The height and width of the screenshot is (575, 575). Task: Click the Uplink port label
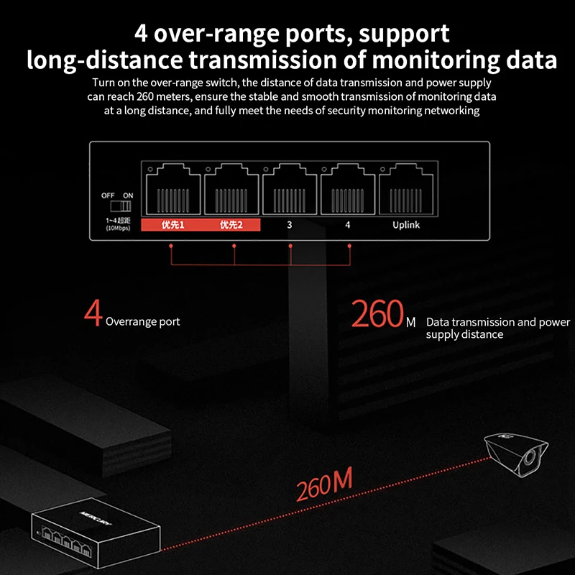pos(406,225)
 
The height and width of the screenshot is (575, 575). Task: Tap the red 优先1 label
pos(172,225)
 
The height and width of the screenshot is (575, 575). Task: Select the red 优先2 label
pos(231,225)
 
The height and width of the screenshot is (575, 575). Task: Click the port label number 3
pos(290,225)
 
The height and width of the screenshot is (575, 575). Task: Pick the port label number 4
pos(348,225)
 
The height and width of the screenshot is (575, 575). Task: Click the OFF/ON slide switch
pos(121,206)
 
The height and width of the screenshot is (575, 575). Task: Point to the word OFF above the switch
pos(108,195)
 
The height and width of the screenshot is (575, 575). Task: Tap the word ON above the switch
pos(128,195)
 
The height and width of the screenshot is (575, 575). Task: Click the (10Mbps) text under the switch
pos(118,228)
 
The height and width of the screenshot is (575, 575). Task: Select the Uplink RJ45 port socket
pos(406,189)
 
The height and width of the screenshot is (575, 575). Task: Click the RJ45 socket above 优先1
pos(173,189)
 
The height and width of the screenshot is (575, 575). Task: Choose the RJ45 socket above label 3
pos(290,189)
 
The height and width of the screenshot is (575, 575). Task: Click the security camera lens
pos(529,458)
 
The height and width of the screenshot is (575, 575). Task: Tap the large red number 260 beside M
pos(377,313)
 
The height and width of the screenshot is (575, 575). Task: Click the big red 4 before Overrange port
pos(93,313)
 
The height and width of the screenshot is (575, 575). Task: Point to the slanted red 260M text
pos(324,484)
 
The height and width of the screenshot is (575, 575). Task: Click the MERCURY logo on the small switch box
pos(95,518)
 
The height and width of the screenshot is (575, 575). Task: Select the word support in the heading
pos(404,34)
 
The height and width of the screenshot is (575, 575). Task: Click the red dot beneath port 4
pos(349,246)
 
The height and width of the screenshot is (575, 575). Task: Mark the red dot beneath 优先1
pos(171,246)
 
